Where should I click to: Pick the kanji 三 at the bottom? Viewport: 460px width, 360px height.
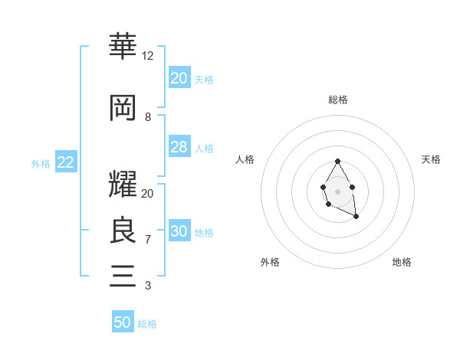(123, 275)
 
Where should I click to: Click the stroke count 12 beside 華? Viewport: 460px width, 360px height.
(147, 56)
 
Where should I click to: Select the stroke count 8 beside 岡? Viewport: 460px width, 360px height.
(147, 117)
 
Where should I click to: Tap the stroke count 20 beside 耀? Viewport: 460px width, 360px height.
(147, 194)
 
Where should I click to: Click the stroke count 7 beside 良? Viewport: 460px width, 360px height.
(147, 240)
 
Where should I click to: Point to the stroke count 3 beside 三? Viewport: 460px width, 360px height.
(147, 286)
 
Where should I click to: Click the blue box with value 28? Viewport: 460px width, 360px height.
(179, 147)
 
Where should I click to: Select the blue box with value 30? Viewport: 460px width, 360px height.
(179, 231)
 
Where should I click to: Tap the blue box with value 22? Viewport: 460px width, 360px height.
(65, 162)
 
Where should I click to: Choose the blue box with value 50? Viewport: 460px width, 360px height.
(123, 322)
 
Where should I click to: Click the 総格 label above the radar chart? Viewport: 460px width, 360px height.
(338, 100)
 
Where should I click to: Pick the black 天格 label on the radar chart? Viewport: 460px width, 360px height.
(431, 159)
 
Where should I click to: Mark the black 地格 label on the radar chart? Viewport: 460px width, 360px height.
(402, 262)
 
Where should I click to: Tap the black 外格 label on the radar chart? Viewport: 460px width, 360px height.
(270, 262)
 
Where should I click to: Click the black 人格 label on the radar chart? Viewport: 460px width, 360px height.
(245, 159)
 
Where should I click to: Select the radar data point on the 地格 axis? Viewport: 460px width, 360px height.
(356, 217)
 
